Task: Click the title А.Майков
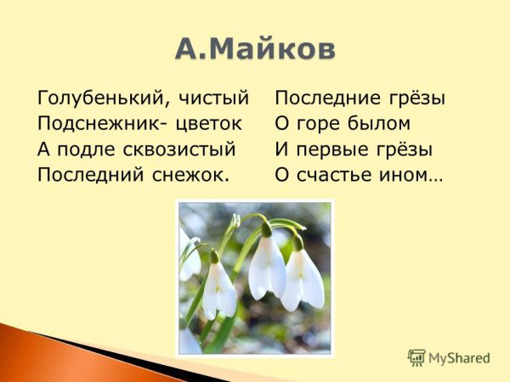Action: tap(255, 48)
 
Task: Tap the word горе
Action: tap(319, 124)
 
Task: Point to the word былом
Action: tap(377, 124)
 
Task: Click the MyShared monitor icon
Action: tap(416, 357)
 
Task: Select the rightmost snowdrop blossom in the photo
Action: tap(303, 274)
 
